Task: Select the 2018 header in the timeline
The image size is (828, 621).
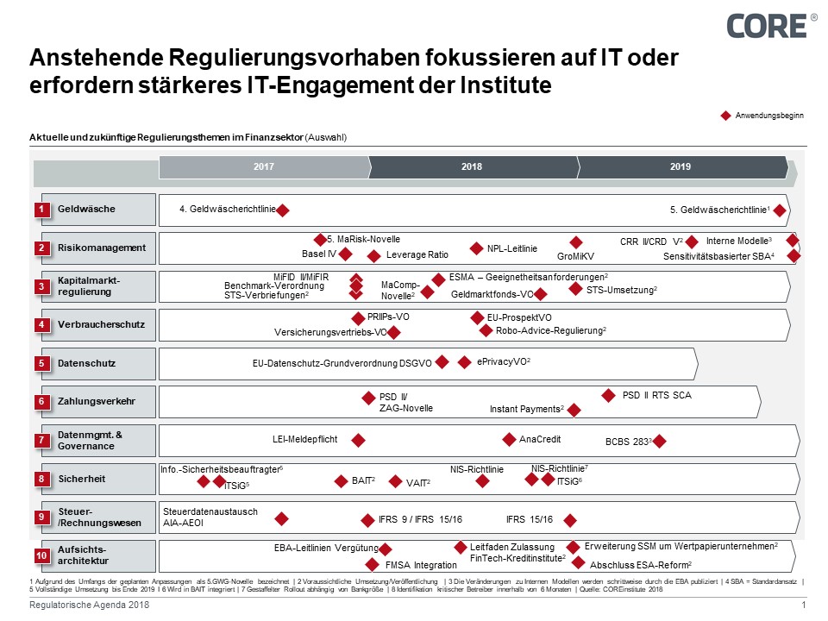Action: point(472,167)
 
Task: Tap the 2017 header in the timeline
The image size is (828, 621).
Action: point(264,167)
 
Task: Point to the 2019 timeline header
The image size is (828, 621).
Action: point(681,167)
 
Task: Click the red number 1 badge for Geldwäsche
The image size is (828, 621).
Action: point(41,210)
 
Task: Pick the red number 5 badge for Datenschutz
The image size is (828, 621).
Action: point(41,364)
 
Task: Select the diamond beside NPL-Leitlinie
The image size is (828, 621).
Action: point(476,248)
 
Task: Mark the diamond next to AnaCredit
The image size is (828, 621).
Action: point(510,439)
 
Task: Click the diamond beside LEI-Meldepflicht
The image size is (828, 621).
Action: point(358,440)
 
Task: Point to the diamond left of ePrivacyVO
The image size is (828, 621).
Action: point(465,362)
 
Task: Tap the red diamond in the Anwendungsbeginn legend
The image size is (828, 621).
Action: point(725,116)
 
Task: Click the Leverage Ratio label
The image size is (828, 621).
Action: point(417,255)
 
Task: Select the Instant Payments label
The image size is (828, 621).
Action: point(526,409)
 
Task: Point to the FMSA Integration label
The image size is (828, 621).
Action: point(421,565)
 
